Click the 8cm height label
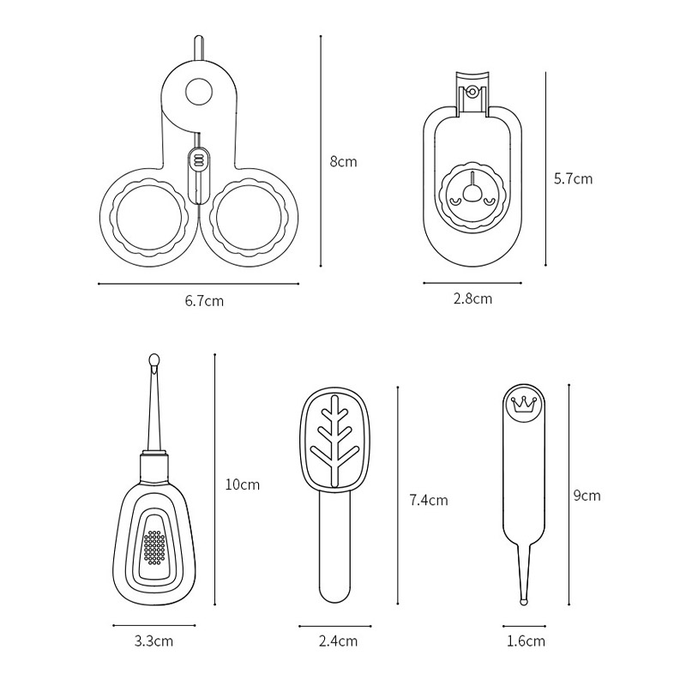(x=344, y=162)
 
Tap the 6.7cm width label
(x=204, y=301)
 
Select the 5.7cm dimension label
(x=573, y=178)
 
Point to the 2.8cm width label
(x=472, y=298)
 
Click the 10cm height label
(x=243, y=484)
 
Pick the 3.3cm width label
(x=153, y=641)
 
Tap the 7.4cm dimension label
(x=429, y=500)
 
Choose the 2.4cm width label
(x=338, y=641)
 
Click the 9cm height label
(x=587, y=496)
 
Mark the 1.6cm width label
(x=526, y=641)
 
